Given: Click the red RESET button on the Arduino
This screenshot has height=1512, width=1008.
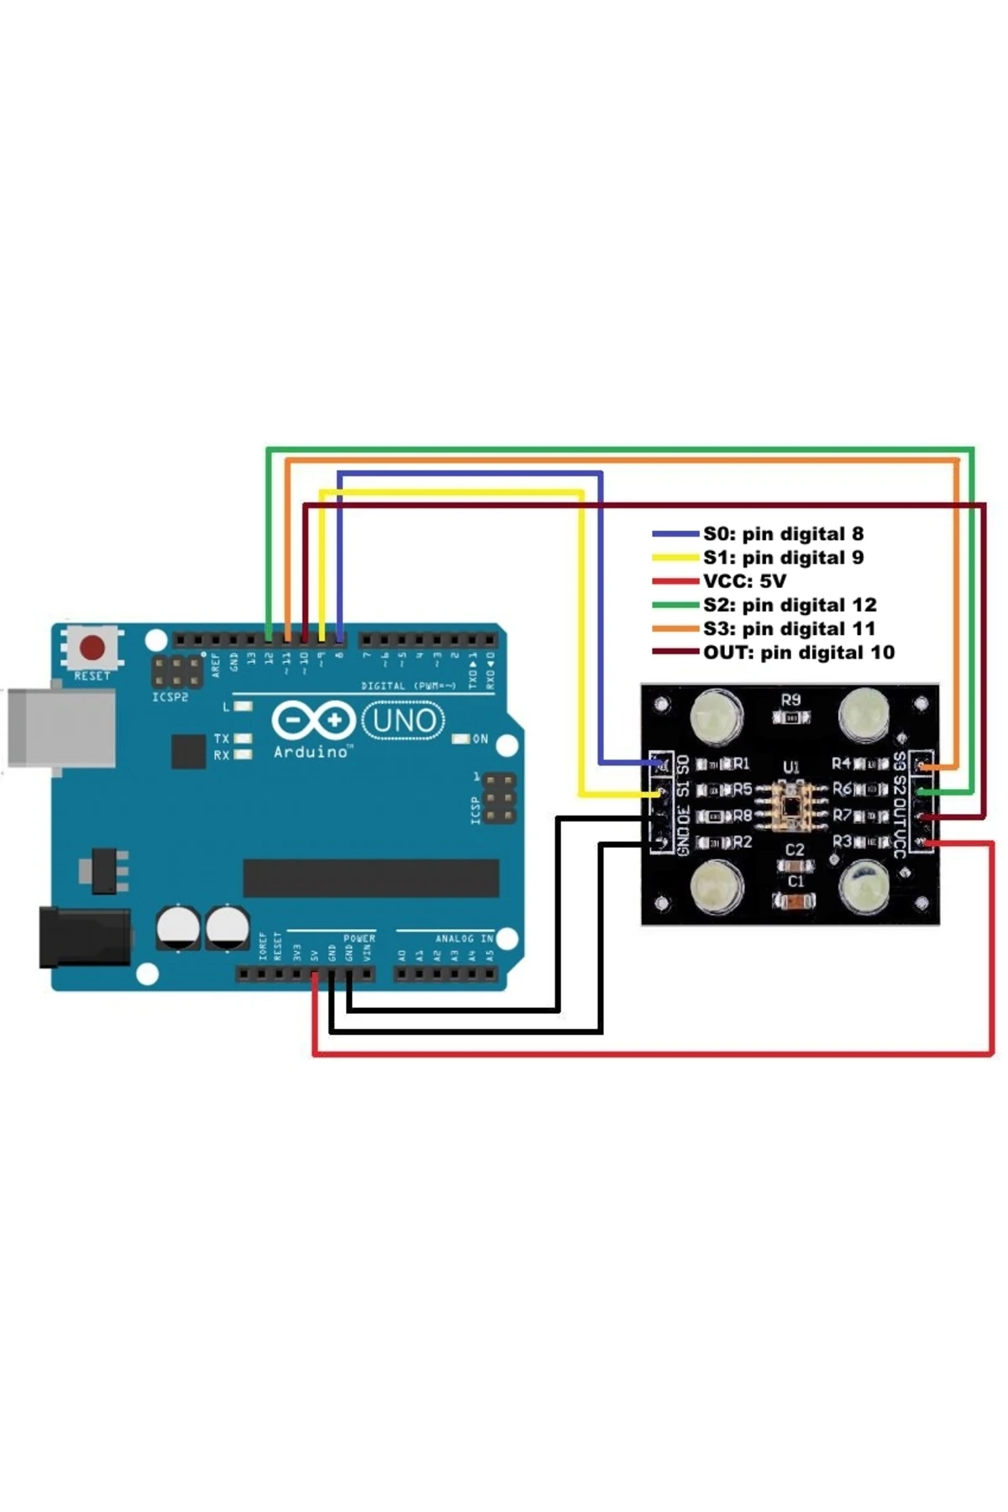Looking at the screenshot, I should pyautogui.click(x=92, y=648).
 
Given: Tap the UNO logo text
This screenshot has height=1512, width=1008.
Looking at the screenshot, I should pyautogui.click(x=403, y=721).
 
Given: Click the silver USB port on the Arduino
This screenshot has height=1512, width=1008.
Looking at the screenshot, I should pyautogui.click(x=61, y=727).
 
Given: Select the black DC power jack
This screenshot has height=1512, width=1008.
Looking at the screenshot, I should pyautogui.click(x=84, y=937).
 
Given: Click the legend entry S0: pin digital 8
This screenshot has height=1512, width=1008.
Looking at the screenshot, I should pyautogui.click(x=783, y=533).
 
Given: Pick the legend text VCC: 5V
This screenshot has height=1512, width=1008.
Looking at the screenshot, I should pyautogui.click(x=744, y=580).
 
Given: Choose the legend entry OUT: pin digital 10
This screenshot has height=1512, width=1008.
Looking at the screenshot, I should pyautogui.click(x=798, y=652).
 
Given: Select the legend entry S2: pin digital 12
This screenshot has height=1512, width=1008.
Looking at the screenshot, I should pyautogui.click(x=790, y=605).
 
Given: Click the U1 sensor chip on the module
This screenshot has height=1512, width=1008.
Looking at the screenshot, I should pyautogui.click(x=791, y=801).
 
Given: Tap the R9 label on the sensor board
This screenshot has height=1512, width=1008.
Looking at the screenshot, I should pyautogui.click(x=790, y=700).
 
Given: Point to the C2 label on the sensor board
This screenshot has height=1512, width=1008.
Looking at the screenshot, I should pyautogui.click(x=795, y=850).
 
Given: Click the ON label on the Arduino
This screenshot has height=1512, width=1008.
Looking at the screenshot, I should pyautogui.click(x=480, y=739).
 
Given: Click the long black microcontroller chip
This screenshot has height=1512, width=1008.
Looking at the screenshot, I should pyautogui.click(x=370, y=878).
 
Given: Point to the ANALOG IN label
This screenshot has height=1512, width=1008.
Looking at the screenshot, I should pyautogui.click(x=464, y=938).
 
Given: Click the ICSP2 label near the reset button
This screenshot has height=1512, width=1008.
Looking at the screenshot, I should pyautogui.click(x=170, y=697).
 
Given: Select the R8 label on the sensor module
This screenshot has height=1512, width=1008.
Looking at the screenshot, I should pyautogui.click(x=742, y=816).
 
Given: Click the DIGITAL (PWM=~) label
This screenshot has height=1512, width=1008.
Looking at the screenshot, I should pyautogui.click(x=408, y=686).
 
